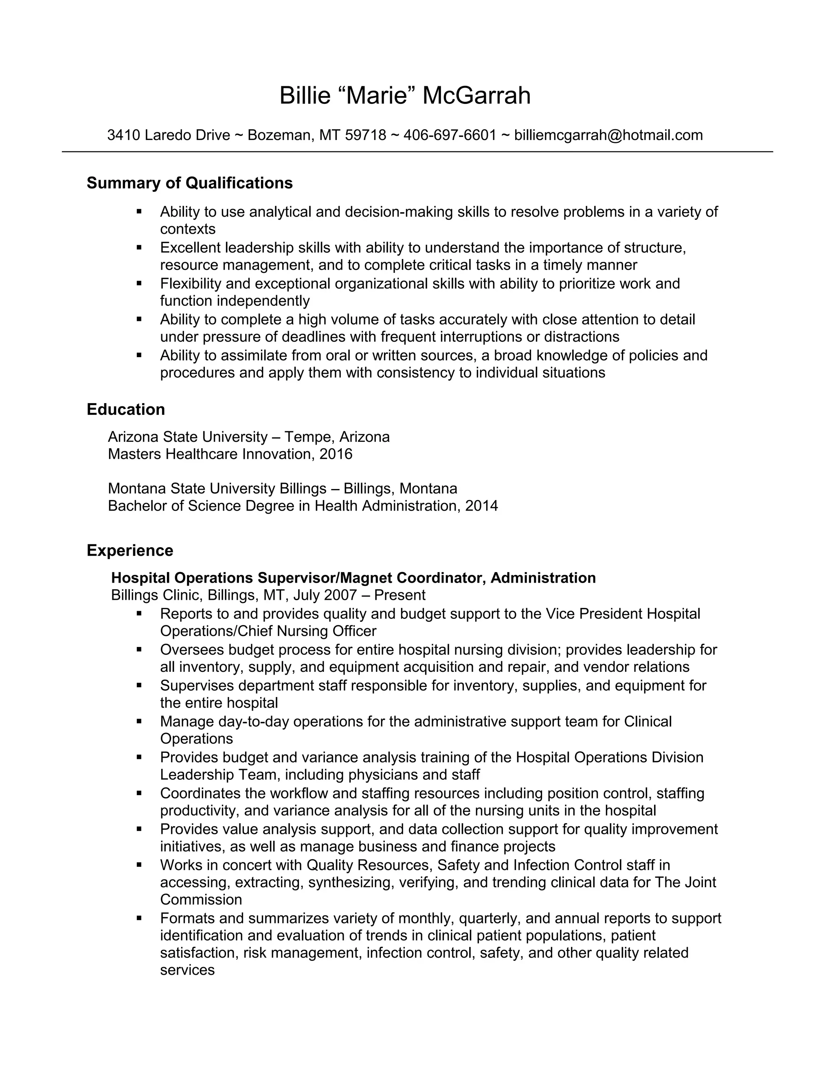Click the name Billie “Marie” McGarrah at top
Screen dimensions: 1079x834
tap(405, 95)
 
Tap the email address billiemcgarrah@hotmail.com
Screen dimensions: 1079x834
tap(608, 135)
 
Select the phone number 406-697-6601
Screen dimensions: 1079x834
tap(450, 135)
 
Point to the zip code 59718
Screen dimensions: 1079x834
tap(365, 135)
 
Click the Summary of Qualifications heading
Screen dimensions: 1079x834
tap(189, 183)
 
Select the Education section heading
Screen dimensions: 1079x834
tap(125, 410)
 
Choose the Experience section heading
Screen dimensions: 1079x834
tap(130, 550)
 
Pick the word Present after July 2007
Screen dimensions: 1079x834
tap(400, 595)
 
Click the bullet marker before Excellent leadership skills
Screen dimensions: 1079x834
tap(139, 248)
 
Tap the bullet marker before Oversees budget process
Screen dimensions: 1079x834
tap(139, 650)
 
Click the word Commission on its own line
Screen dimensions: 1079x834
tap(201, 900)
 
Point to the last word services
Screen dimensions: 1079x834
tap(187, 970)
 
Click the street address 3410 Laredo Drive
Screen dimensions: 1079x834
tap(169, 135)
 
